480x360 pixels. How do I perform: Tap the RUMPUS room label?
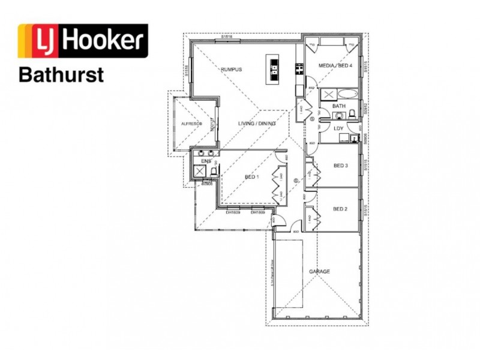(x=230, y=70)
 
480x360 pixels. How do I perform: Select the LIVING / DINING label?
(x=257, y=124)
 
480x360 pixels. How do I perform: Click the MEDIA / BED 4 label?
(x=334, y=64)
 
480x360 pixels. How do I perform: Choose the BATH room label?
(x=339, y=106)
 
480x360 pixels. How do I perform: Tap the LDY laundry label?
(x=338, y=128)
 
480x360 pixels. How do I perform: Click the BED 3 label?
(x=341, y=166)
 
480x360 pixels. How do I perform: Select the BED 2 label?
(x=341, y=209)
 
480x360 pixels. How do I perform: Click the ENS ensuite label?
(x=206, y=161)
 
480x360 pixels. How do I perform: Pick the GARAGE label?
(x=319, y=272)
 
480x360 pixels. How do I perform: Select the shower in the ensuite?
(x=199, y=172)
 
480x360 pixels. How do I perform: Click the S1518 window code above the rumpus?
(x=226, y=37)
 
